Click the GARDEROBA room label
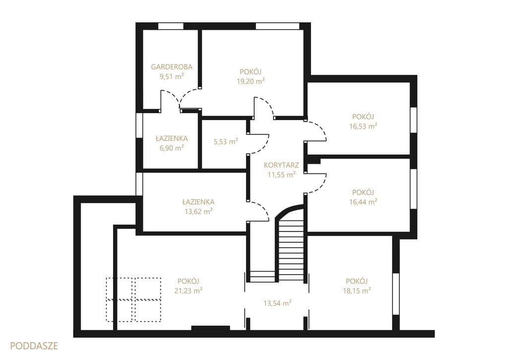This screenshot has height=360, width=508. pos(172,67)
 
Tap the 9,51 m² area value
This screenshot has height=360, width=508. pos(172,76)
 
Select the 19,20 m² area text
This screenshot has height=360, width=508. pos(251,81)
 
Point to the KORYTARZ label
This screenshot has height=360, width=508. pos(281,165)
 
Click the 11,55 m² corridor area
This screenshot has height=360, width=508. pos(281,174)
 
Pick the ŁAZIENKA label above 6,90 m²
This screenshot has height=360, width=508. pos(172,138)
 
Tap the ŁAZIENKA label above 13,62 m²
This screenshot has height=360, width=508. pos(198,202)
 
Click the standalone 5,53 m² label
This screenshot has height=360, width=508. pos(226,142)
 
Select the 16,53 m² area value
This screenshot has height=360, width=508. pos(363,126)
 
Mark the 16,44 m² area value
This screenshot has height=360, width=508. pos(363,202)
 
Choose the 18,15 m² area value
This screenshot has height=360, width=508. pos(357,290)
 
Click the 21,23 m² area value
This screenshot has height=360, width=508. pos(189,290)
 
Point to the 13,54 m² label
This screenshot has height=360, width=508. pos(277,303)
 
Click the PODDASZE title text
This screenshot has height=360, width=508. pos(34,346)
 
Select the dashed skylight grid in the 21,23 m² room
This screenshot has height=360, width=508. pos(134,300)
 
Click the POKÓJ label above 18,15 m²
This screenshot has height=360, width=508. pos(357,281)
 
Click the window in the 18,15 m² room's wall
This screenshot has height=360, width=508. pos(395,294)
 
